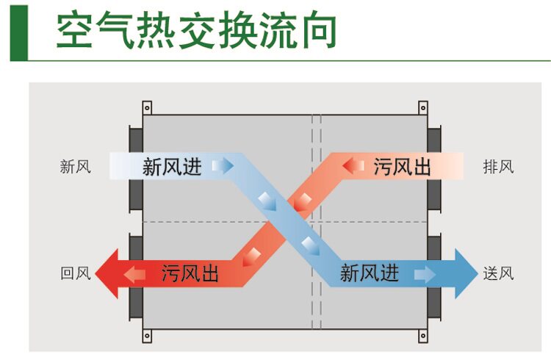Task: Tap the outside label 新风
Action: (75, 167)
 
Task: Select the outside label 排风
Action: (498, 167)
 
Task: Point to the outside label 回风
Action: (75, 274)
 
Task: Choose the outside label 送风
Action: (498, 274)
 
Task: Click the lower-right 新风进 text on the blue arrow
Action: (369, 274)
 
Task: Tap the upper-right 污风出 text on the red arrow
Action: (402, 167)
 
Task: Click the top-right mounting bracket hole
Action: (424, 108)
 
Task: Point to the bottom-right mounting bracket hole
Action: (424, 337)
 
